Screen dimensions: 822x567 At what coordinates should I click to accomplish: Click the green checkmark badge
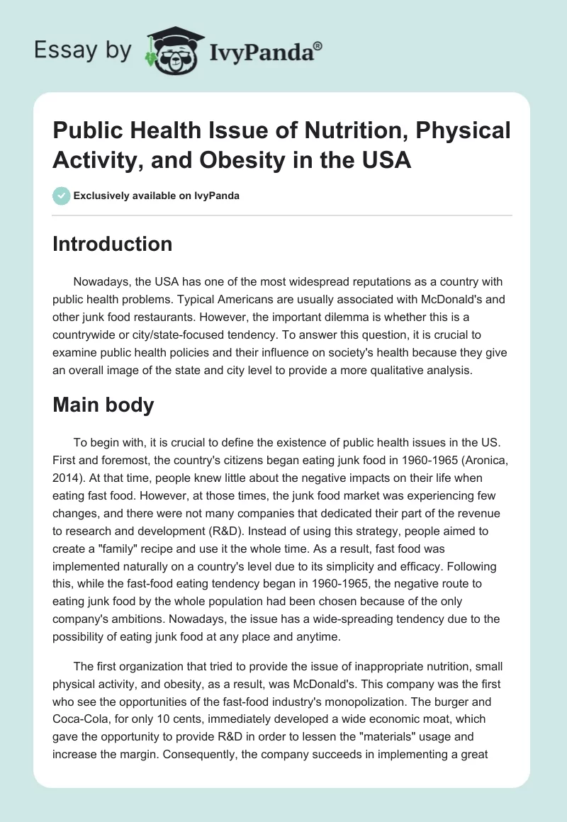62,196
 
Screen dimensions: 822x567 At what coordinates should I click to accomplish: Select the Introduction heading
113,244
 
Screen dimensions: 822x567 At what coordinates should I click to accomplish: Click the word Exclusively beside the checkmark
103,196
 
